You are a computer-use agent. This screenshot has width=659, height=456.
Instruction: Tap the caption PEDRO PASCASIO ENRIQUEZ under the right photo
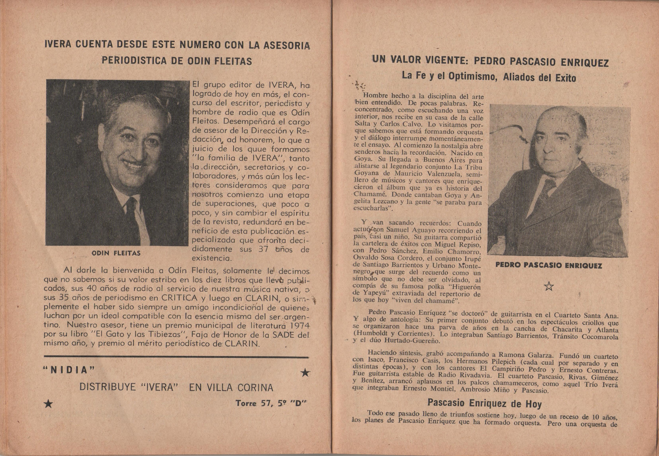549,265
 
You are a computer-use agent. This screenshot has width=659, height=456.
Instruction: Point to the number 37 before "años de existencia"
262,249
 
